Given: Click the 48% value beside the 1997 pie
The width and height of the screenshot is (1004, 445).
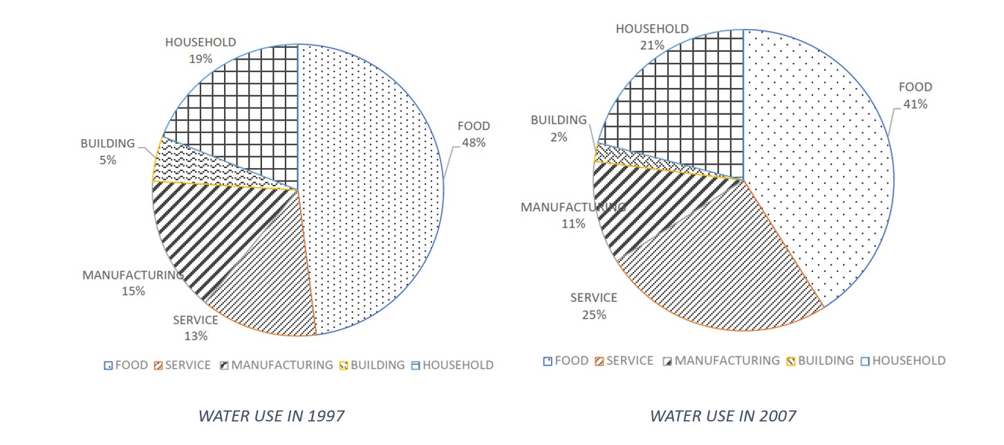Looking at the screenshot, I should [474, 143].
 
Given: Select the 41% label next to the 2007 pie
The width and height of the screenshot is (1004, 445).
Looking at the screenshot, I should [915, 105].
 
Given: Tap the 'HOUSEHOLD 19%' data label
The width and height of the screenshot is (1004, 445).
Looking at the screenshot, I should [201, 51].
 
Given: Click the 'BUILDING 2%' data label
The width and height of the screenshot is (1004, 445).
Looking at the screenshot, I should [559, 129].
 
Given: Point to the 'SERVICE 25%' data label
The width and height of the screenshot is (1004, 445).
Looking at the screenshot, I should [593, 306].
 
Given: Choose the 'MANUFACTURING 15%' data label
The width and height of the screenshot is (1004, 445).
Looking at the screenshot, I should [133, 283].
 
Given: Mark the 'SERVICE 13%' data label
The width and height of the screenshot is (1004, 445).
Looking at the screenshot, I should [195, 328].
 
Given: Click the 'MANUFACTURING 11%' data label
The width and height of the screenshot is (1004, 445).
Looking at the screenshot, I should [573, 215].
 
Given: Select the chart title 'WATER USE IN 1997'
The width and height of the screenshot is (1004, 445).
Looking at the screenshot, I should [271, 416].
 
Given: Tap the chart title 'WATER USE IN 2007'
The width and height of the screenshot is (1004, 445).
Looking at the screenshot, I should [723, 416].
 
